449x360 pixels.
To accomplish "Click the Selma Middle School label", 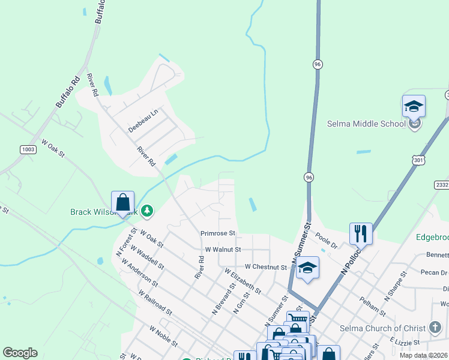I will pos(366,124).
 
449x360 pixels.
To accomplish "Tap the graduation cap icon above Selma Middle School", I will pos(414,107).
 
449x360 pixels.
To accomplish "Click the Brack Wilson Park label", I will pos(104,212).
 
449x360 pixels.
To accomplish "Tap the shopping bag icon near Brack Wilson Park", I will pos(122,202).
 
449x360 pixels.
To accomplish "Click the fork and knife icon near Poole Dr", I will pos(361,233).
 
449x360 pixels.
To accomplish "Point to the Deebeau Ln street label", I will pos(142,121).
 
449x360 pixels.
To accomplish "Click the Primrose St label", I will pos(218,233).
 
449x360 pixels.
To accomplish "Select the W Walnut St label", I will pos(223,249).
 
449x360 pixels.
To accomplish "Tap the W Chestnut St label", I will pos(265,266).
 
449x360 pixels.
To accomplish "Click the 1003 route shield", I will pos(28,149).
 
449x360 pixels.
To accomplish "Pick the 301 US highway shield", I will pos(418,158).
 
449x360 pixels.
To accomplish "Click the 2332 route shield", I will pos(442,185).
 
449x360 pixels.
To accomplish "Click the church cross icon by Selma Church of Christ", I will pos(436,328).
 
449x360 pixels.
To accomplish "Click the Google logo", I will pos(20,353).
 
